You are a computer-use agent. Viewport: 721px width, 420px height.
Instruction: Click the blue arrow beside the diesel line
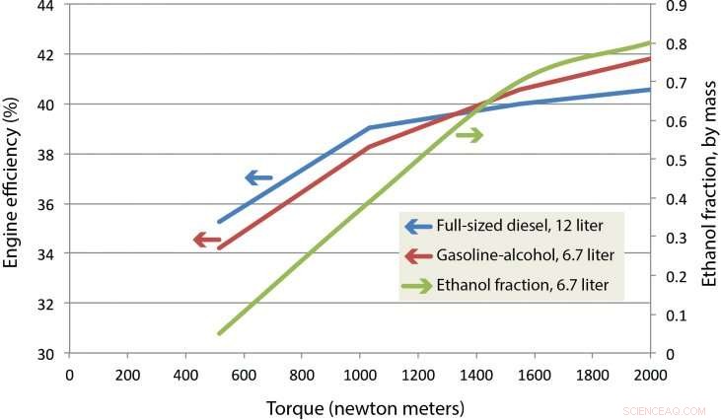[x=258, y=178]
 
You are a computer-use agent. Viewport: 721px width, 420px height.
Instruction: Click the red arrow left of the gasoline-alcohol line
[x=206, y=240]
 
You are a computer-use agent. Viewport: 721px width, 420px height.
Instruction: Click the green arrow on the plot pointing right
[x=469, y=135]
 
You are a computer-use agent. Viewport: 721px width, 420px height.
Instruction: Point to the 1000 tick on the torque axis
[x=360, y=376]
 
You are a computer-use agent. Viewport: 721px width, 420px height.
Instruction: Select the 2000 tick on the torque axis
[x=650, y=376]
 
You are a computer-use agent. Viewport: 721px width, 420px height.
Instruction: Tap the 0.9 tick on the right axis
[x=675, y=5]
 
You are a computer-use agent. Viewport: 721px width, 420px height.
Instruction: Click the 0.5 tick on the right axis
[x=675, y=160]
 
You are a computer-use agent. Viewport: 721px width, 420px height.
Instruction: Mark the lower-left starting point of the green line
[x=219, y=334]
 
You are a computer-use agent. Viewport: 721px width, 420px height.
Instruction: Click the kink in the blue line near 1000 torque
[x=368, y=127]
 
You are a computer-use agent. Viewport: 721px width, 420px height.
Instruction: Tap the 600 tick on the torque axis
[x=244, y=376]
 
